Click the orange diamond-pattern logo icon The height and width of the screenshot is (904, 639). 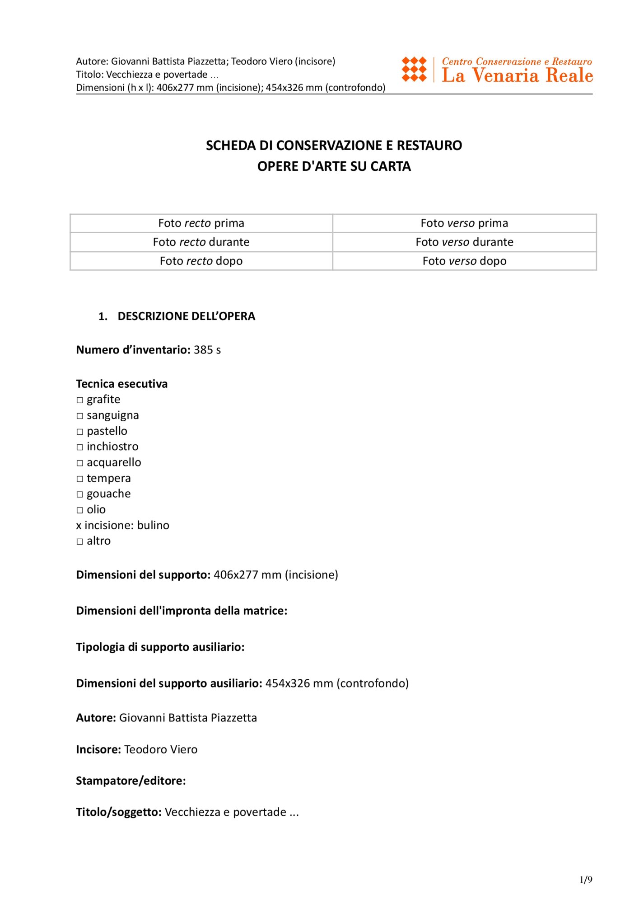414,69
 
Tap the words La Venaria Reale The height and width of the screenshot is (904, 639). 517,75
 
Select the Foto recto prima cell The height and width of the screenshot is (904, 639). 201,223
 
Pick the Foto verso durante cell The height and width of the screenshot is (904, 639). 464,242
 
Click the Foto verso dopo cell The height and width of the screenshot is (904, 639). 464,261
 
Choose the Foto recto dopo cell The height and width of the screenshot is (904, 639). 201,261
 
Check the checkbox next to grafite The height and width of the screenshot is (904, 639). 80,400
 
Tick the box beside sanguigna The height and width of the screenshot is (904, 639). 80,416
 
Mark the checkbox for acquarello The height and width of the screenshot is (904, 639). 80,463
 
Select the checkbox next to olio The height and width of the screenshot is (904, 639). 80,510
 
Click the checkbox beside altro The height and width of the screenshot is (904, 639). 80,541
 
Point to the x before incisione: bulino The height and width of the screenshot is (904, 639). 79,526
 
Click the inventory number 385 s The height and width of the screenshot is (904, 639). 207,350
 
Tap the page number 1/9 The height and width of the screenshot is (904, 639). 586,880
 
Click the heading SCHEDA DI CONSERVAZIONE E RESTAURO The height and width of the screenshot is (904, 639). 334,146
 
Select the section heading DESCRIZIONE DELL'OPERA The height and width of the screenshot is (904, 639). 186,316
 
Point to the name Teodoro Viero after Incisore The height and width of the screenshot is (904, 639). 161,749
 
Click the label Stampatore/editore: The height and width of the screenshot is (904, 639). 131,781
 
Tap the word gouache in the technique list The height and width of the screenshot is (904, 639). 108,494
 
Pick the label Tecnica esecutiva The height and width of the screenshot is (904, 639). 121,384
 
